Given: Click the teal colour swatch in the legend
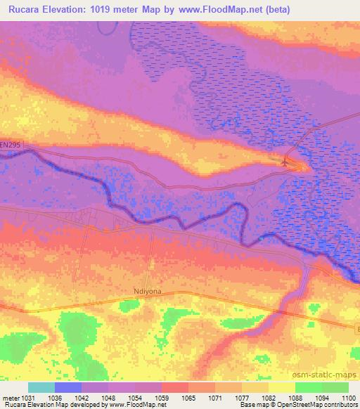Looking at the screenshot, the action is [41, 387].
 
